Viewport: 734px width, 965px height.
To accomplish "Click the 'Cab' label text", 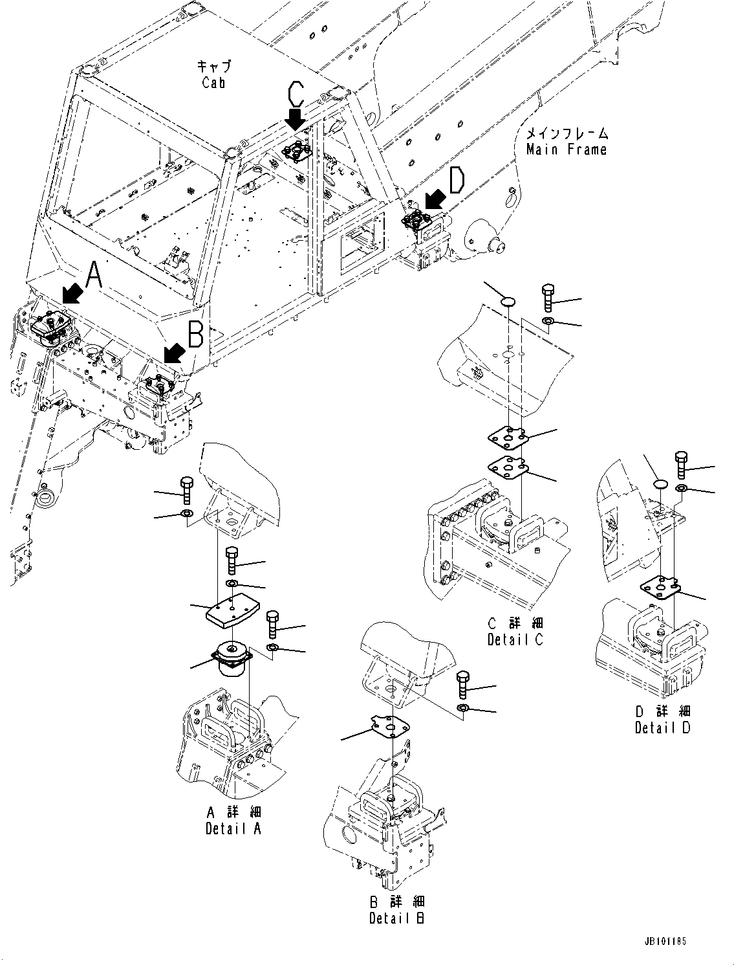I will click(x=213, y=82).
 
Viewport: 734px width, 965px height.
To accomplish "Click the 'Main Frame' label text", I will click(x=567, y=150).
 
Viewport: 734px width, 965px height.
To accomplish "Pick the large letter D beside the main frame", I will click(x=457, y=181).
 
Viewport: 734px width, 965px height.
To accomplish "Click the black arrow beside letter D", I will click(x=433, y=201).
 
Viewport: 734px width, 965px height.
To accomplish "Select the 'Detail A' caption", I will click(x=233, y=828).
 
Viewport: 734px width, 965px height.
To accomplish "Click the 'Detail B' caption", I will click(x=396, y=918).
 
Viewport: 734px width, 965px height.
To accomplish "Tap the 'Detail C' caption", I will click(x=515, y=639).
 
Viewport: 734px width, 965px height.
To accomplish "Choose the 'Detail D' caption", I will click(x=662, y=727).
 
